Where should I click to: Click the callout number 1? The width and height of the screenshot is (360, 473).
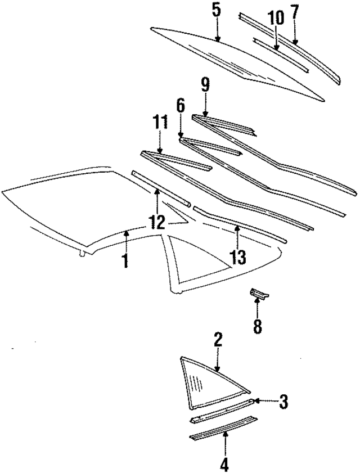click(x=125, y=261)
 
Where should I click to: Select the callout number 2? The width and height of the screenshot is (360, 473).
click(x=218, y=339)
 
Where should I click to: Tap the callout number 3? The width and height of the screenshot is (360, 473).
click(x=284, y=401)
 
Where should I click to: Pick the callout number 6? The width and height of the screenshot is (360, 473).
click(x=180, y=105)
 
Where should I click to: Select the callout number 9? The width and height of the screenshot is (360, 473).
click(x=205, y=85)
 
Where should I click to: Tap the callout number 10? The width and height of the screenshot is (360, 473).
click(x=276, y=17)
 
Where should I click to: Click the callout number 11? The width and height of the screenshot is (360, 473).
click(x=160, y=122)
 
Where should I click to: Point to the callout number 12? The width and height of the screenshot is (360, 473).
click(x=157, y=221)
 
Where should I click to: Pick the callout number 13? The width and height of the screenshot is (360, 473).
click(x=237, y=258)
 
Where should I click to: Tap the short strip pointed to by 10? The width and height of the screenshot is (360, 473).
click(x=280, y=54)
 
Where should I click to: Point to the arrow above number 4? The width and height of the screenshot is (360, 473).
click(x=225, y=442)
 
